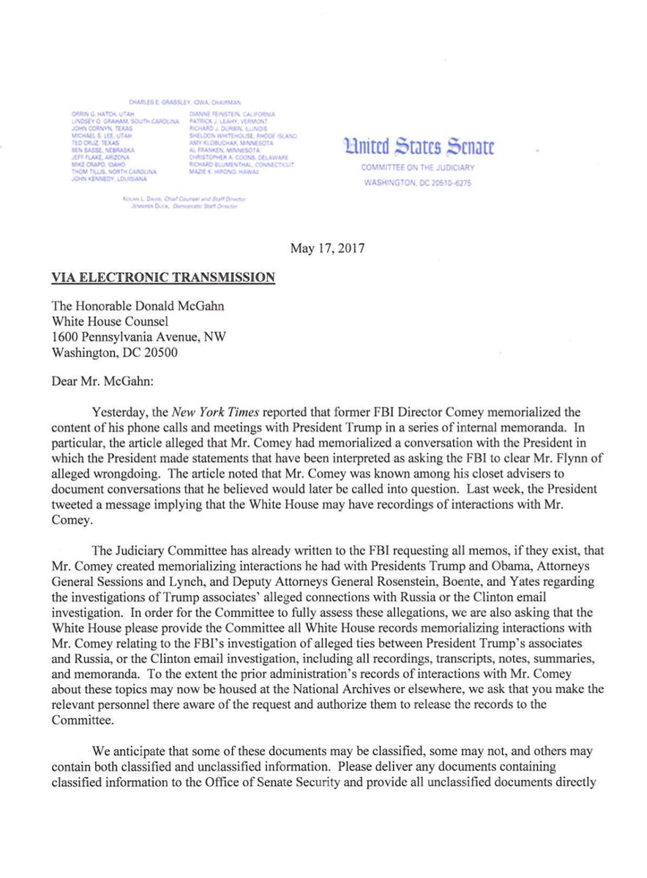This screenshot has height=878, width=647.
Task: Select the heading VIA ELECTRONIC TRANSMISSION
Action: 163,277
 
